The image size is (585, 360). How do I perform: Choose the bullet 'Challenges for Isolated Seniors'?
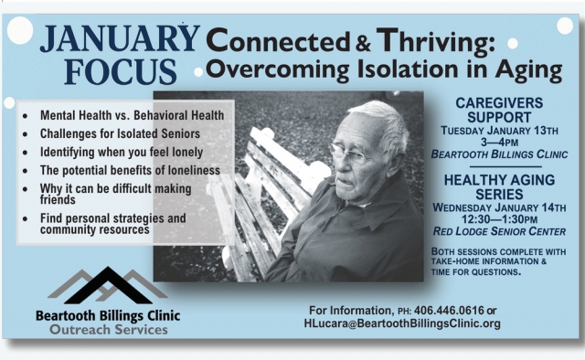coord(114,133)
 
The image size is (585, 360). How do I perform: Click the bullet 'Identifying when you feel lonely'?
coord(121,152)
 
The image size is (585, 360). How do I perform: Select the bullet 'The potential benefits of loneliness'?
coord(128,170)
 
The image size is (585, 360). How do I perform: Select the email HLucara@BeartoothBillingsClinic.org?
coord(401,323)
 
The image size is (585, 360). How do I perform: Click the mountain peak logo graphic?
coord(107,285)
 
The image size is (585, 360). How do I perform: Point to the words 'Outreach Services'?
coord(108,329)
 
